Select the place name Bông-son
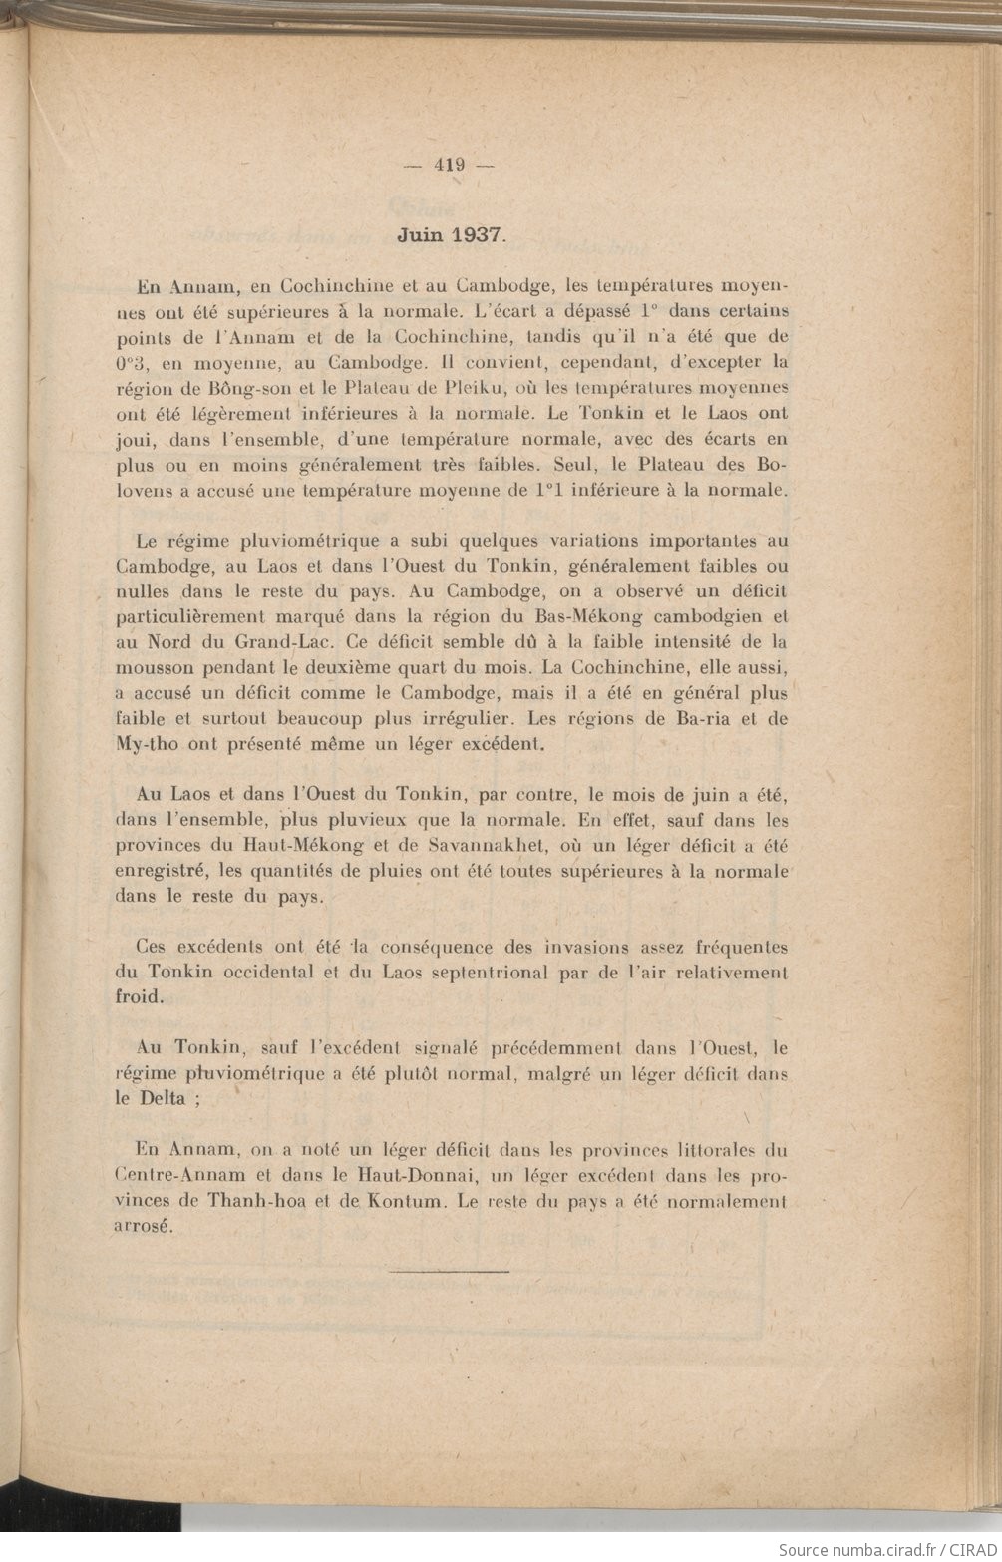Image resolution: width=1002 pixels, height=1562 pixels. point(220,387)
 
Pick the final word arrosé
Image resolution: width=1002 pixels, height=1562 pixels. point(145,1227)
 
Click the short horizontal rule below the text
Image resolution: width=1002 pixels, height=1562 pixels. point(434,1272)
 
